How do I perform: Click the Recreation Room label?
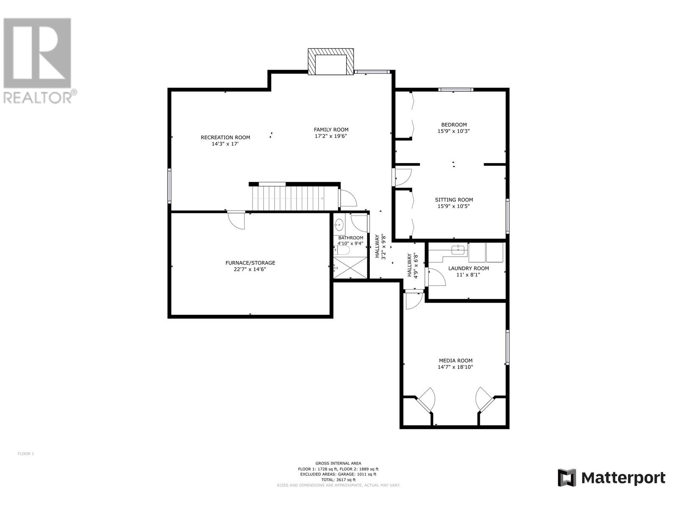225,138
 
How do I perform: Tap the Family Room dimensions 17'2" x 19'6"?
331,136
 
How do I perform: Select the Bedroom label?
454,124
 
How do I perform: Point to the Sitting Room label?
454,200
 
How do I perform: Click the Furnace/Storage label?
250,263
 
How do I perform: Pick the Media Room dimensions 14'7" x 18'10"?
455,367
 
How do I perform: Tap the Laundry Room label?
468,268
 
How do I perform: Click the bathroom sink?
339,224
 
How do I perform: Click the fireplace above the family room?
330,61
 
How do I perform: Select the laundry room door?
435,277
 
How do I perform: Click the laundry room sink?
458,249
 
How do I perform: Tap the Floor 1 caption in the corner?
26,454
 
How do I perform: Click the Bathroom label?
351,238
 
